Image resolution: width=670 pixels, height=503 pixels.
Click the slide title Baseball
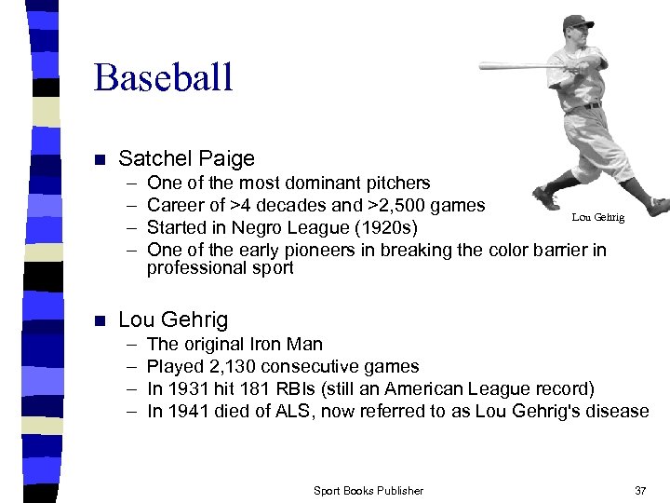163,77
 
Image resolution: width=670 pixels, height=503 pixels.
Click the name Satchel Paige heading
186,159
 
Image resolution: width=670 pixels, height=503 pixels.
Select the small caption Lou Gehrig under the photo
598,217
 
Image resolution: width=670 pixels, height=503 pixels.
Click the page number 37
639,490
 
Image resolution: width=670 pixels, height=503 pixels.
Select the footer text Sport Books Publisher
368,490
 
